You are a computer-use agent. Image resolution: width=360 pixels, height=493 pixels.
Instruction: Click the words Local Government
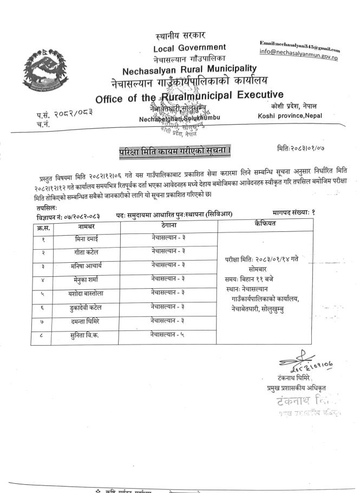coord(189,48)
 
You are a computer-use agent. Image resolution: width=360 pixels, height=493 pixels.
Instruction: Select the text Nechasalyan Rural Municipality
coord(189,69)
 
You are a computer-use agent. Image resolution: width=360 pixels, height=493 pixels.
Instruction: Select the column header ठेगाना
coord(168,224)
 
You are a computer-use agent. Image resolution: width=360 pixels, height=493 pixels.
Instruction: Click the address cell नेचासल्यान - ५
coord(168,335)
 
